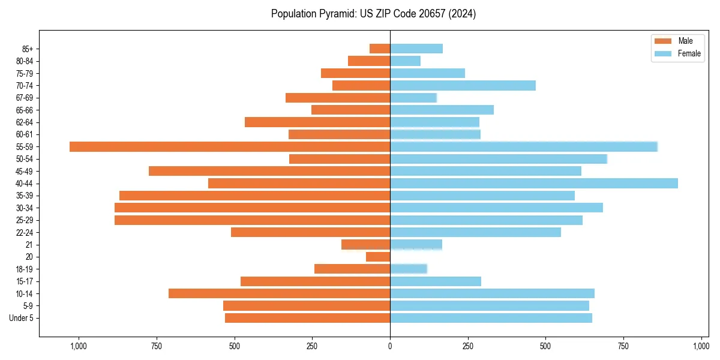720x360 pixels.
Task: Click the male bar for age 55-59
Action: click(x=230, y=146)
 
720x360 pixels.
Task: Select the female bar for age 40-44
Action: click(x=534, y=183)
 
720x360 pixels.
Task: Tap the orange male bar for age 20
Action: click(x=378, y=257)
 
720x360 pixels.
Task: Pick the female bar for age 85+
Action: click(x=416, y=49)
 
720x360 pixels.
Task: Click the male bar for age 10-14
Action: click(x=279, y=293)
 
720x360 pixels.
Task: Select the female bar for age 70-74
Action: click(x=463, y=85)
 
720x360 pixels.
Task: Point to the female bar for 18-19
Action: click(x=409, y=269)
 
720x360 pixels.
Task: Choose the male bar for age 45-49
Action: click(x=269, y=171)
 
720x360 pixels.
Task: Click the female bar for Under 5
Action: click(x=491, y=318)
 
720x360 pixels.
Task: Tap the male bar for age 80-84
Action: click(x=369, y=61)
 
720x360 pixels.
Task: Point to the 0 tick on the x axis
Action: click(x=390, y=346)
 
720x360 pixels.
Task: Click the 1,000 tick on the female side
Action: click(x=701, y=346)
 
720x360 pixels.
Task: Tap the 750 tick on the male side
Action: click(x=156, y=346)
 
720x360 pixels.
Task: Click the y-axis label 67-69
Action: click(x=25, y=98)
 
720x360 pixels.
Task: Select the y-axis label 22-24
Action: click(x=25, y=232)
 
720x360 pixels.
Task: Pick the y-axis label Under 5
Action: click(x=21, y=318)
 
